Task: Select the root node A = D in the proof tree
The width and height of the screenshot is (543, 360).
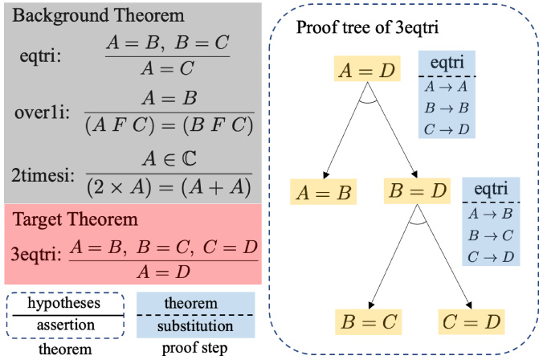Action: coord(366,72)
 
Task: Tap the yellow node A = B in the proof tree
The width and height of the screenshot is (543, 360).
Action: coord(324,192)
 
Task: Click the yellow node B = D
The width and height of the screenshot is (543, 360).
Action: coord(416,192)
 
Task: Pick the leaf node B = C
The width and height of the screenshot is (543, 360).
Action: coord(366,322)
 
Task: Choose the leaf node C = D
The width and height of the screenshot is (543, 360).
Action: coord(470,322)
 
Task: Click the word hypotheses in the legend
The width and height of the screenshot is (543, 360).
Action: coord(64,304)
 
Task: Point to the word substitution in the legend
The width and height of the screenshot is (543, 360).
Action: coord(186,326)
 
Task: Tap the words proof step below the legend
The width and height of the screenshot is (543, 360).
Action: coord(186,348)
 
